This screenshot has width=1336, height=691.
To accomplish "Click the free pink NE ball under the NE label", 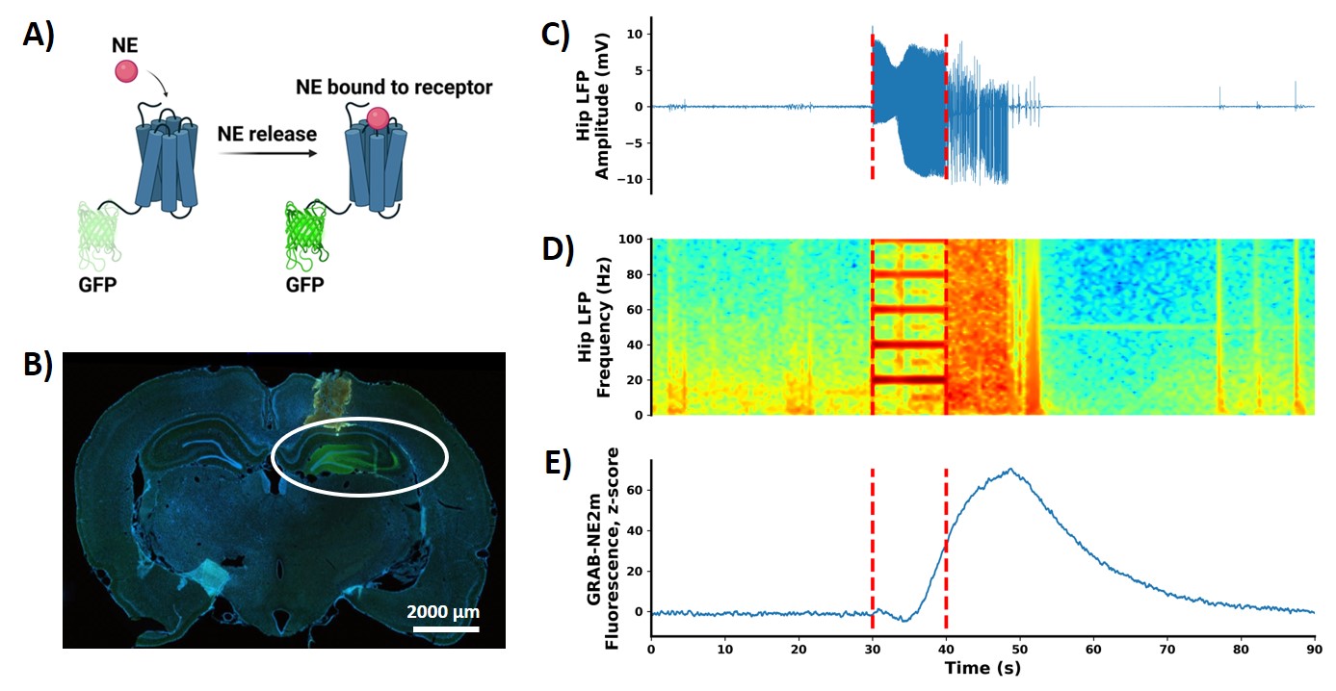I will tap(126, 71).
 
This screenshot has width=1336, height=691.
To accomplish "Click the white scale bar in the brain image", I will tap(446, 630).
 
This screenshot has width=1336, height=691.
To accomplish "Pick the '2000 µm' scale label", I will tap(442, 611).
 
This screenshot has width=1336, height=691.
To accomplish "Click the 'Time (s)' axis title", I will tap(982, 667).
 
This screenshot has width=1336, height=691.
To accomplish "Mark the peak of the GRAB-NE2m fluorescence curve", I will tap(1010, 470).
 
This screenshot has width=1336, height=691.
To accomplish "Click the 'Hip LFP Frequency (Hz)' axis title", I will tap(595, 327).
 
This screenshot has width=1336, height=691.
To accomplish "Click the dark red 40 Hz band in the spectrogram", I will tap(909, 344).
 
